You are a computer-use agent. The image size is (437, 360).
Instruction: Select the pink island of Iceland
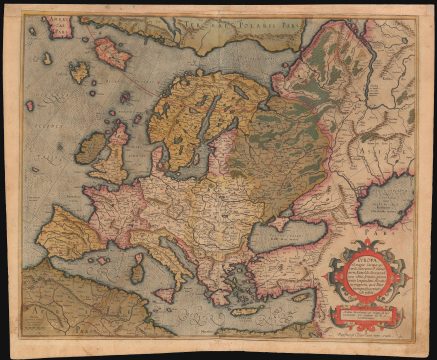click(x=113, y=53)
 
